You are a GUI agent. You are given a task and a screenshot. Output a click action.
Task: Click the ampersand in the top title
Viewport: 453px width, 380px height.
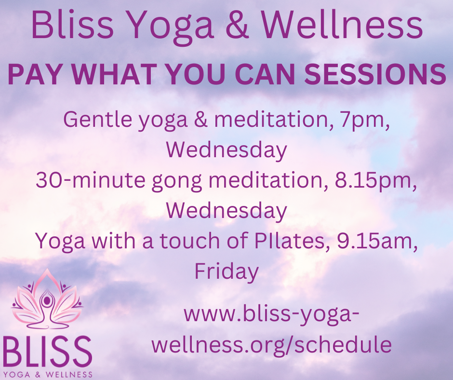tap(237, 25)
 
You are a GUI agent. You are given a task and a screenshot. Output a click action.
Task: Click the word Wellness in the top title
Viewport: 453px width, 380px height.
tap(342, 25)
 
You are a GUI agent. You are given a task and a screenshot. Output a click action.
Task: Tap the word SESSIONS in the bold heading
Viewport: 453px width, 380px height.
tap(375, 74)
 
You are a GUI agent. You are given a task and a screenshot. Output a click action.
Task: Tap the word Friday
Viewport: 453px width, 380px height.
tap(226, 272)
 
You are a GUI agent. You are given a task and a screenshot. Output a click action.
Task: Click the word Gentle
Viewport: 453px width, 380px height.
tap(98, 120)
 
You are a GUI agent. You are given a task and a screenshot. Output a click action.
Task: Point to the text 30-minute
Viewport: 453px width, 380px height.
tap(91, 180)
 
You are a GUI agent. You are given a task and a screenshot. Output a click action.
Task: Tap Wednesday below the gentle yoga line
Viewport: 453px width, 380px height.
tap(226, 150)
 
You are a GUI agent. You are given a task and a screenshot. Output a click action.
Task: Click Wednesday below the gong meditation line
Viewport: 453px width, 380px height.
tap(226, 211)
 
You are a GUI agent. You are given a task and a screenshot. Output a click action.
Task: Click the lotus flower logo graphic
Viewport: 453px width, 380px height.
tap(47, 299)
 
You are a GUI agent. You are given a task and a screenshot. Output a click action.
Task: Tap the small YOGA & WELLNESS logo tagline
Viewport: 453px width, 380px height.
tap(48, 375)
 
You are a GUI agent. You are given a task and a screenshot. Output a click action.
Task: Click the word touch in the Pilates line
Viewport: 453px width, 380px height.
tap(190, 241)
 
